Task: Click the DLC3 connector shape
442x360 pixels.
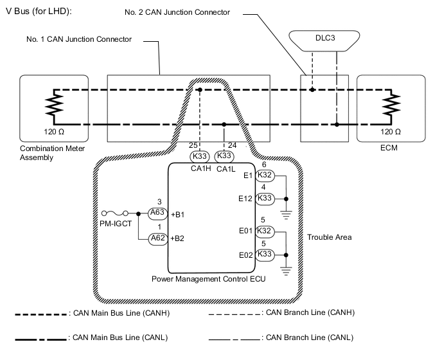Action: [324, 41]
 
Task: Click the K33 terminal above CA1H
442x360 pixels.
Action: [200, 156]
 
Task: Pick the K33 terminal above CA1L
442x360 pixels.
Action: [224, 156]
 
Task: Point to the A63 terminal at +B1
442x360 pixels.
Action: [157, 213]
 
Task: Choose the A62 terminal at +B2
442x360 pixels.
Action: [157, 239]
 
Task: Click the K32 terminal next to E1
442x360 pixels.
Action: [265, 175]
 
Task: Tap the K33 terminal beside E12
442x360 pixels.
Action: [265, 199]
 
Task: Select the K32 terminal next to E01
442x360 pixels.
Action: [265, 231]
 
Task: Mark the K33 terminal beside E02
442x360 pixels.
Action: [265, 255]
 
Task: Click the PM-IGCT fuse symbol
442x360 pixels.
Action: [115, 213]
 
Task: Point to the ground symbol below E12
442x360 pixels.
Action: [286, 215]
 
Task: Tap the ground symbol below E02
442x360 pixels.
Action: [286, 271]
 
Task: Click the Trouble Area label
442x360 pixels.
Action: [329, 237]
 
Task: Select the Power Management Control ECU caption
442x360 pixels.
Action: [209, 279]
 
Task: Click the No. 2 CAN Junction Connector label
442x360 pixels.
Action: [177, 12]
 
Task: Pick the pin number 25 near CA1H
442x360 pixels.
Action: [193, 145]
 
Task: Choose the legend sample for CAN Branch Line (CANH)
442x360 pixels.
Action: [234, 314]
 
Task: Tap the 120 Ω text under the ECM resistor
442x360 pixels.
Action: [391, 132]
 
